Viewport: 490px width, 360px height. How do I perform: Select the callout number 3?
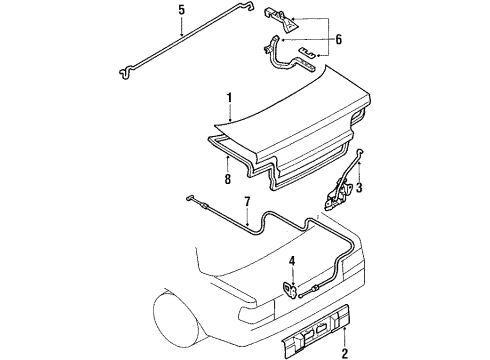360,187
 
